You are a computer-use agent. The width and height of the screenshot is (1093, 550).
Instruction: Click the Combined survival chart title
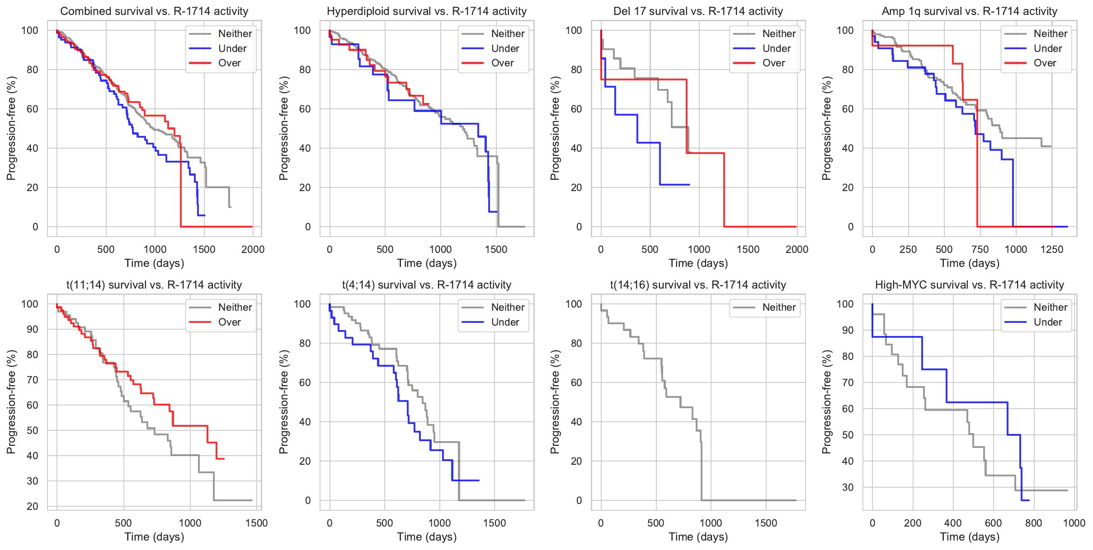[154, 11]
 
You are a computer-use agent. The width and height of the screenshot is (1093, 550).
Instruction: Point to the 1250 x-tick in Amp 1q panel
[1051, 250]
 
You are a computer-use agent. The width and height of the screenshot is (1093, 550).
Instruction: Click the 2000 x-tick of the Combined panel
[253, 250]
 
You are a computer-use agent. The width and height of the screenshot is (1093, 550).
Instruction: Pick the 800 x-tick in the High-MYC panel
[1033, 523]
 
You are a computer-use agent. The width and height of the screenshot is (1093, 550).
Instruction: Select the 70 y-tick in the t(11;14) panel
[33, 380]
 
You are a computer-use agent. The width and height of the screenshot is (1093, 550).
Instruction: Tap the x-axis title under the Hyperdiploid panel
[427, 263]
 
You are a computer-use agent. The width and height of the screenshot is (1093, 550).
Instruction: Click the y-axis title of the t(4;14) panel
[283, 402]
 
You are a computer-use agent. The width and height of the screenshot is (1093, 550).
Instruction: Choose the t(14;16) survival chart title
[698, 285]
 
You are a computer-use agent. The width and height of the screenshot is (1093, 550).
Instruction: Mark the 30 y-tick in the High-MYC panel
[848, 488]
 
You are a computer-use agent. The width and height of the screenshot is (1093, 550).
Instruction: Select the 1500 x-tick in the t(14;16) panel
[766, 523]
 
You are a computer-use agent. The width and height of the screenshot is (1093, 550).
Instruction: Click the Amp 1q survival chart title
[969, 11]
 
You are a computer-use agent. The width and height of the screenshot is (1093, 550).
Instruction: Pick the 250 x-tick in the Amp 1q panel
[908, 250]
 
